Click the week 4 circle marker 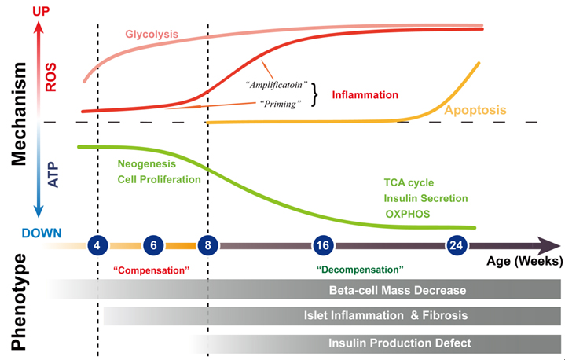tap(97, 244)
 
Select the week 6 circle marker tap(153, 244)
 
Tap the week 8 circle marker tap(207, 244)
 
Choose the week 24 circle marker tap(457, 244)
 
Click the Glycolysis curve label tap(152, 34)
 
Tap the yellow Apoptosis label tap(475, 109)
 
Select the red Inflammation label tap(365, 95)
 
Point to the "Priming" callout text tap(281, 104)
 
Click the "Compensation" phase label tap(152, 269)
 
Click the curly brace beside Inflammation tap(316, 94)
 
